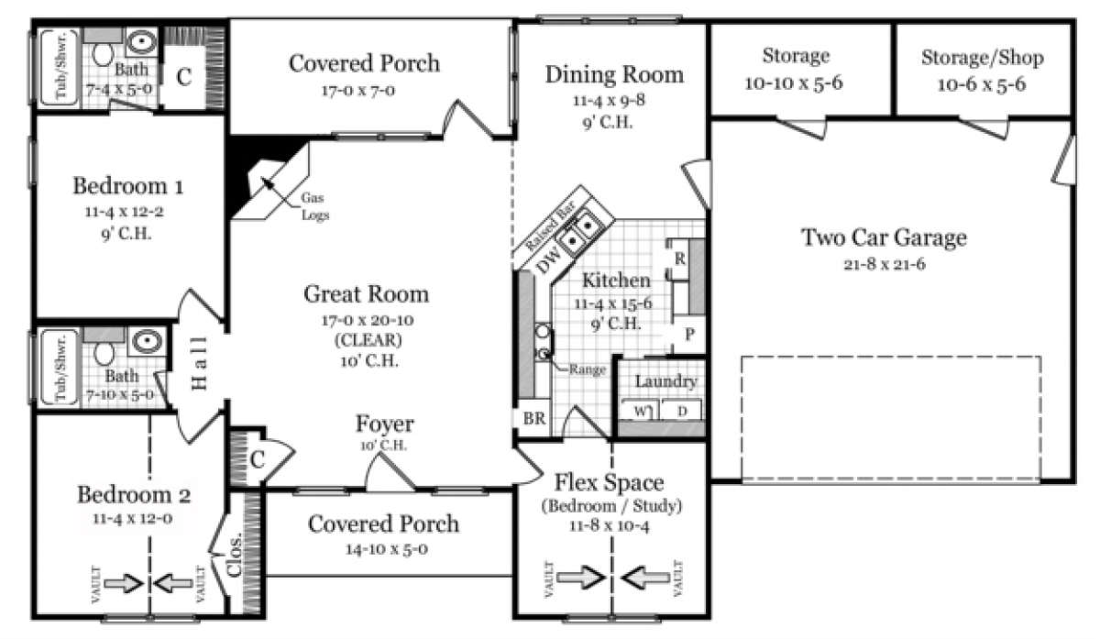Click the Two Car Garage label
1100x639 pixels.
[x=884, y=238]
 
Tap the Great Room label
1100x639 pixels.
[x=366, y=294]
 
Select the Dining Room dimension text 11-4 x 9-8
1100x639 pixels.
[x=613, y=102]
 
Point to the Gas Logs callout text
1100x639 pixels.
[x=314, y=207]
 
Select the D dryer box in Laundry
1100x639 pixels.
[x=681, y=410]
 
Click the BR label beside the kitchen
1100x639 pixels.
[x=533, y=419]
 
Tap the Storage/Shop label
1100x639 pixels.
[x=982, y=59]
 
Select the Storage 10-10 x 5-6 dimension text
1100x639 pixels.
[x=796, y=83]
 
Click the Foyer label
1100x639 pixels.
[x=384, y=424]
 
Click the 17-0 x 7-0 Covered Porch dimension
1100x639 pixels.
[x=364, y=91]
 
